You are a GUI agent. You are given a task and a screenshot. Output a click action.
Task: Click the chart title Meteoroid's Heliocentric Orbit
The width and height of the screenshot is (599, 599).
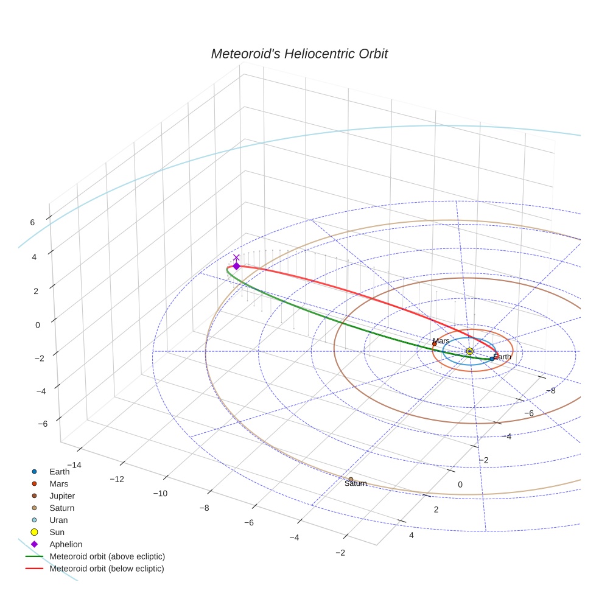tap(299, 54)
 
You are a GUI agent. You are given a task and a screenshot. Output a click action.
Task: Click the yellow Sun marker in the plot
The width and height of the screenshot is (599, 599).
tap(469, 351)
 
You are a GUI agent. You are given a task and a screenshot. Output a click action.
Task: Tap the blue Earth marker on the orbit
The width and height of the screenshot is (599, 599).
tap(492, 359)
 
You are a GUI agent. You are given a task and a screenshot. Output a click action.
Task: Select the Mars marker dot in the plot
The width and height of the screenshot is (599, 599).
tap(434, 344)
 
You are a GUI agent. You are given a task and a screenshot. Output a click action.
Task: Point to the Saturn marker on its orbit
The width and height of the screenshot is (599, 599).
tap(351, 480)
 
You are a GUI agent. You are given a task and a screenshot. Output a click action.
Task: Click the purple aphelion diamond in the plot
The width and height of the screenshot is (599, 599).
tap(236, 266)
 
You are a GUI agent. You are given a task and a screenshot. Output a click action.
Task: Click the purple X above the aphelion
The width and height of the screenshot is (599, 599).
tap(236, 258)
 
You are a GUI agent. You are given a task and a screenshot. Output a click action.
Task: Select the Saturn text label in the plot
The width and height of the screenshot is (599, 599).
tap(356, 484)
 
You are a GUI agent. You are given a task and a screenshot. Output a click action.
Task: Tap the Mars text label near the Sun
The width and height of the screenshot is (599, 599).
tap(441, 341)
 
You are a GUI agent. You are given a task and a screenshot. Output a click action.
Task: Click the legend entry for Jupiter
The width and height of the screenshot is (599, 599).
tap(62, 496)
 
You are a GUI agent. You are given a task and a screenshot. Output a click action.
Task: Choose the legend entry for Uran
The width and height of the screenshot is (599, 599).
tap(58, 520)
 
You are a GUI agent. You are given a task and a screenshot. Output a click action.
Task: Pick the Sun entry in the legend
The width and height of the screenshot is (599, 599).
tap(58, 532)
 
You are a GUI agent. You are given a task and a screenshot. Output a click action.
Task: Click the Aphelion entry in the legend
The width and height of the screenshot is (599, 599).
tap(66, 544)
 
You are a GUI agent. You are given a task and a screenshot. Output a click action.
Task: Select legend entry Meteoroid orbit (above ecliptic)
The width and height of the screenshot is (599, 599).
tap(107, 556)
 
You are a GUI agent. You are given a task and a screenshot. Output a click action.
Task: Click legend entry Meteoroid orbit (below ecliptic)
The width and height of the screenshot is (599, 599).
tap(107, 569)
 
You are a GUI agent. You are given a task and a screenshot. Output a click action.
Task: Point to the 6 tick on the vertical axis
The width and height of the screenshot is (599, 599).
tap(32, 223)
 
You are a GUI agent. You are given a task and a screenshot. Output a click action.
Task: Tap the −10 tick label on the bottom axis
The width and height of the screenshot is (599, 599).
tap(161, 493)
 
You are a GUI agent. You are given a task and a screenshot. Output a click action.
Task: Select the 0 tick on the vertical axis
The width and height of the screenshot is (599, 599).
tap(38, 325)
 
